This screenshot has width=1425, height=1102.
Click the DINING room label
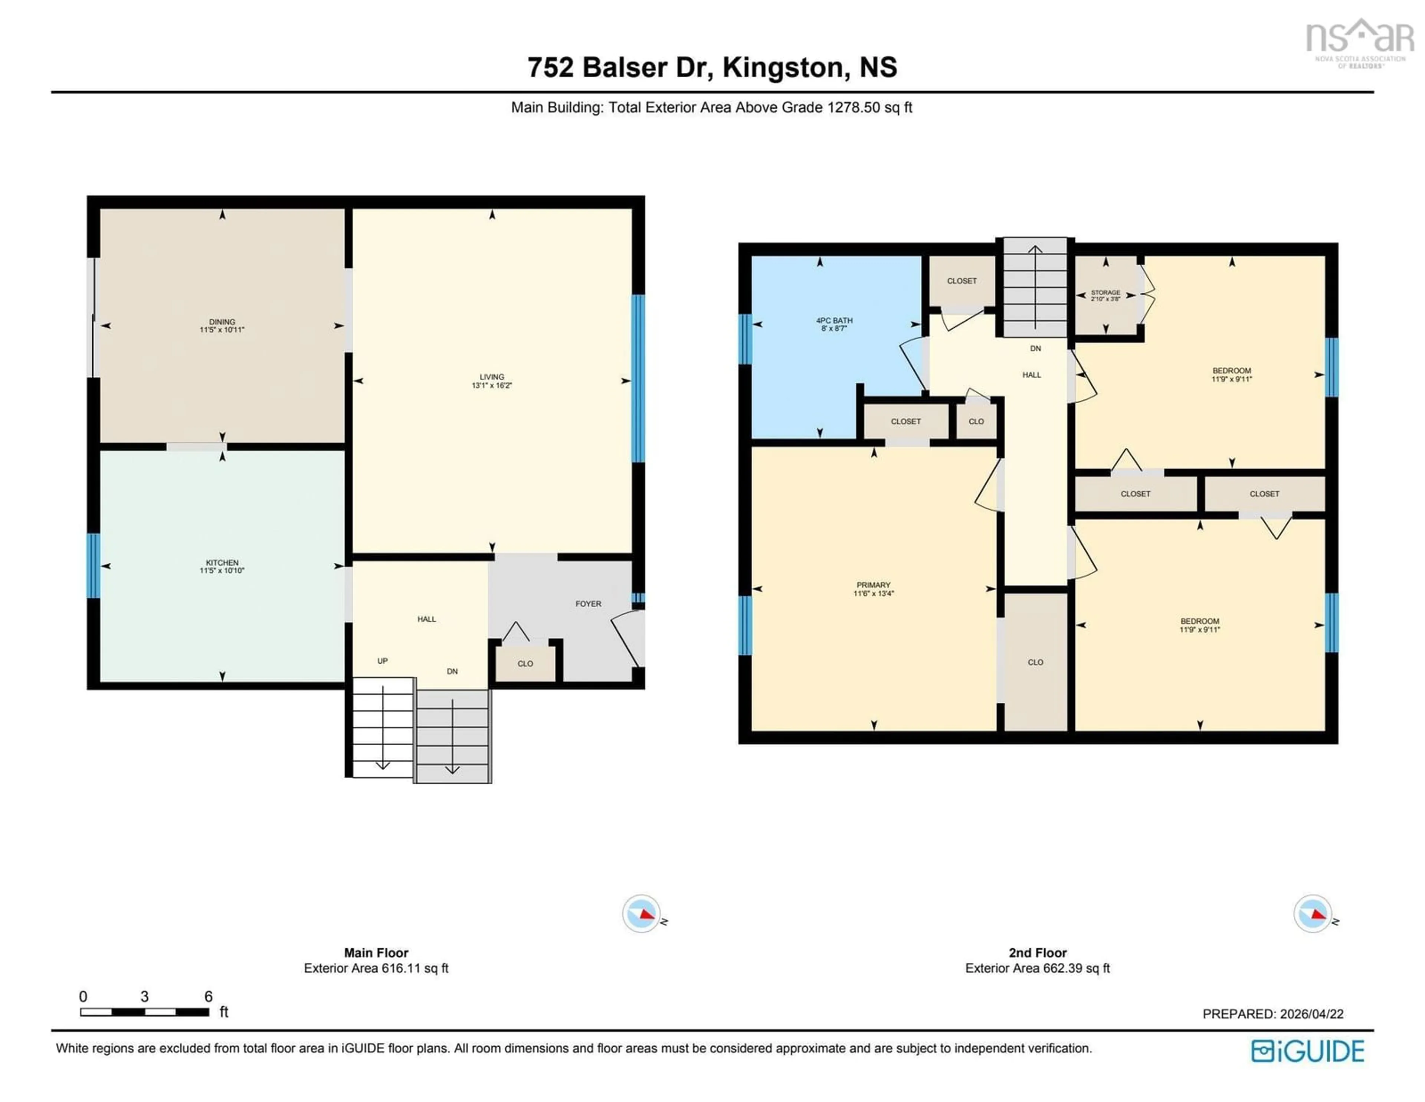pyautogui.click(x=222, y=322)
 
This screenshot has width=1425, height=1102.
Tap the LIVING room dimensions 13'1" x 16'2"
pyautogui.click(x=492, y=386)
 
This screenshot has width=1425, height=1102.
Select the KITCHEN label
pyautogui.click(x=222, y=562)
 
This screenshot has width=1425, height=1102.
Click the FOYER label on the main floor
pyautogui.click(x=588, y=604)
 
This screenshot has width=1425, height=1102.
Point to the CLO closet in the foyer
pyautogui.click(x=525, y=664)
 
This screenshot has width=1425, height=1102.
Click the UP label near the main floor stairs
pyautogui.click(x=382, y=661)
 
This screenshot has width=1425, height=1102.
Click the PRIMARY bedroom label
pyautogui.click(x=873, y=585)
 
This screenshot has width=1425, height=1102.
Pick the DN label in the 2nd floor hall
pyautogui.click(x=1035, y=349)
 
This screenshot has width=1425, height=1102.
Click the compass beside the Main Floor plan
pyautogui.click(x=641, y=913)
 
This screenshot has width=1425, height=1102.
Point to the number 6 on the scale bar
pyautogui.click(x=208, y=996)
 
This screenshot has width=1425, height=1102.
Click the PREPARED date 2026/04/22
pyautogui.click(x=1311, y=1014)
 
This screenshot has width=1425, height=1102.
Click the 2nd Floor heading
pyautogui.click(x=1038, y=952)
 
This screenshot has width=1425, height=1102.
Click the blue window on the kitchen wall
pyautogui.click(x=93, y=566)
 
